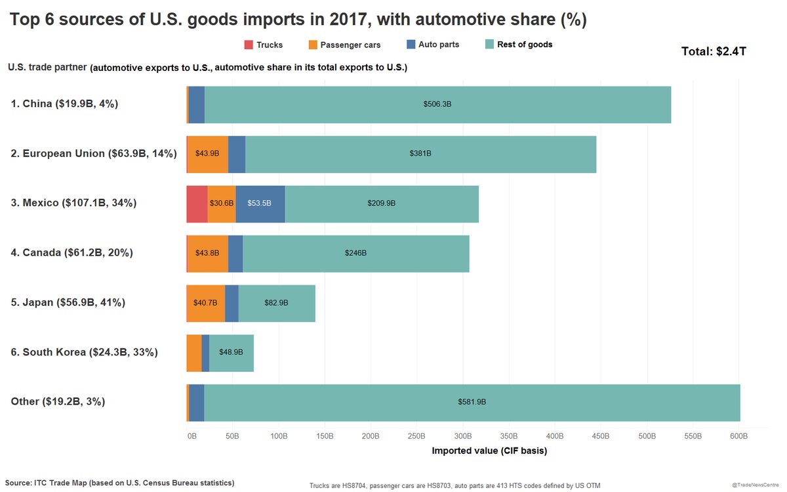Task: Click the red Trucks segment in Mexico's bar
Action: click(x=197, y=203)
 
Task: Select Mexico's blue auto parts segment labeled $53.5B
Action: click(x=260, y=203)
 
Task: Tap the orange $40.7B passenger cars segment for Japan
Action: click(x=206, y=303)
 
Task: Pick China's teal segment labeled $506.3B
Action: click(x=437, y=104)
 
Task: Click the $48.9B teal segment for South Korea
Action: click(x=232, y=352)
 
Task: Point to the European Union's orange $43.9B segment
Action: click(x=208, y=154)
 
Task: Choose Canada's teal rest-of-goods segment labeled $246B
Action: click(x=355, y=253)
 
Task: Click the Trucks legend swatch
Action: click(x=249, y=45)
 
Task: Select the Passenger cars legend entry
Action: click(x=344, y=45)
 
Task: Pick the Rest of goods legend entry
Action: click(x=519, y=45)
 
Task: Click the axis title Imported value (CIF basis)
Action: click(x=489, y=451)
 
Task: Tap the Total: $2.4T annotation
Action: click(x=714, y=51)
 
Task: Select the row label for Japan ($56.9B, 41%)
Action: click(x=68, y=302)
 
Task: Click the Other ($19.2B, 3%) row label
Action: click(x=58, y=401)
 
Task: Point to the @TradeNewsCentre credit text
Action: click(x=757, y=484)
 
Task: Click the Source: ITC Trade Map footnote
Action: click(x=119, y=483)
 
